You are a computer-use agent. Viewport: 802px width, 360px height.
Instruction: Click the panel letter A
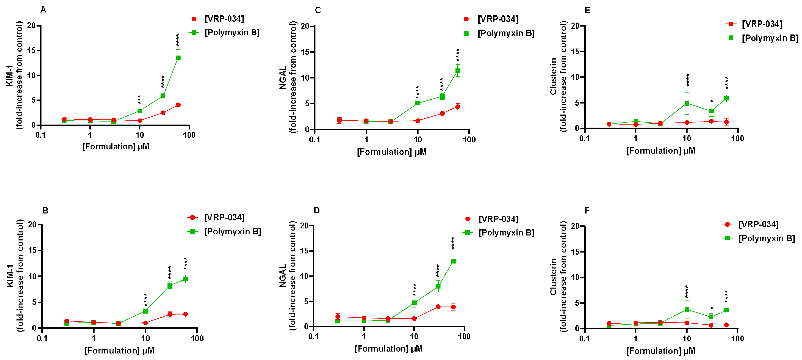[x=43, y=10]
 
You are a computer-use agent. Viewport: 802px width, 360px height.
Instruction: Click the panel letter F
[x=587, y=210]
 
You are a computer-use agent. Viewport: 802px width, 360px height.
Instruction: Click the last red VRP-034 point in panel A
[x=178, y=105]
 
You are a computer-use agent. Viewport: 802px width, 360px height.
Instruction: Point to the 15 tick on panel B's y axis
[x=32, y=250]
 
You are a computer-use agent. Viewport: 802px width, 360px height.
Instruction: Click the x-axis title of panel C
[x=392, y=152]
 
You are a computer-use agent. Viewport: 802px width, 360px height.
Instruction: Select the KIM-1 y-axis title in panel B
[x=10, y=276]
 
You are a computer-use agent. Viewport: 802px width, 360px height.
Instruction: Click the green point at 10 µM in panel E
[x=687, y=103]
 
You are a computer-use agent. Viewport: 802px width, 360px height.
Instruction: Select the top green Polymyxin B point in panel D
[x=453, y=261]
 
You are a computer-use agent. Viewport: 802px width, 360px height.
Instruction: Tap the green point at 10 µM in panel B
[x=145, y=311]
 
